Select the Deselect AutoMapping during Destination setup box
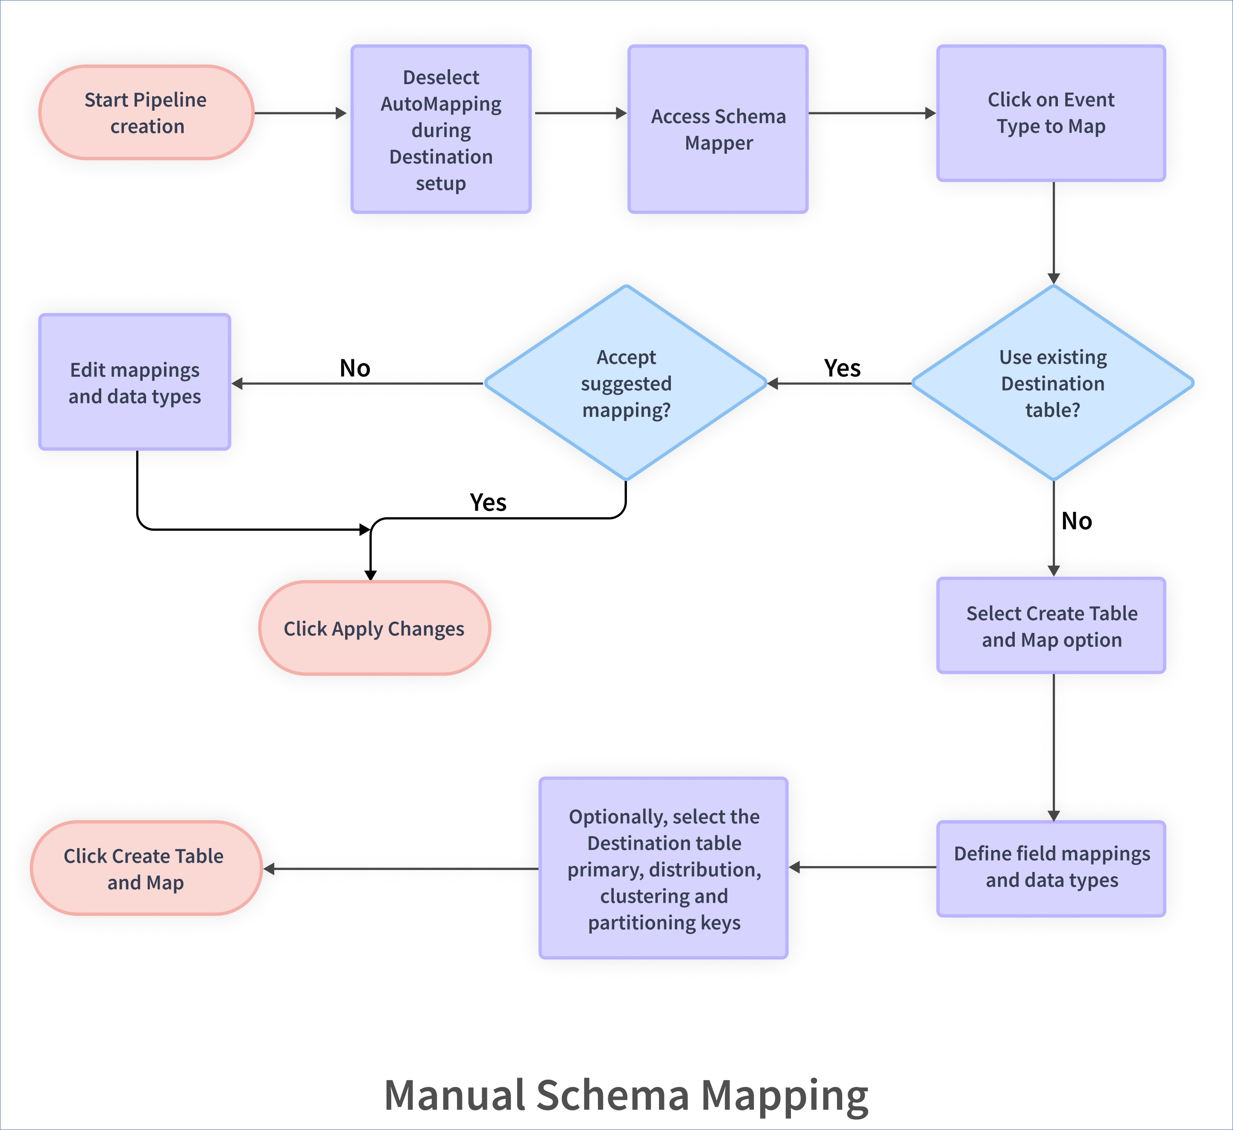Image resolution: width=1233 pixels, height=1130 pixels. (x=441, y=130)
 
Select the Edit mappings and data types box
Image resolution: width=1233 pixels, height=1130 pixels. (x=135, y=383)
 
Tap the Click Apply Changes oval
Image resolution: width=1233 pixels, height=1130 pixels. (x=374, y=628)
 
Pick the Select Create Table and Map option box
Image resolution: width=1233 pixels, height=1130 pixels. (x=1051, y=626)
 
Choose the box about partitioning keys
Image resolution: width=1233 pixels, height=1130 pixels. (x=664, y=869)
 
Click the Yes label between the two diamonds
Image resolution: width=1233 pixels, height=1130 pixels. (x=842, y=368)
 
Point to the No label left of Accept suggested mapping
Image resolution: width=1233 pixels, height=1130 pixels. (x=355, y=368)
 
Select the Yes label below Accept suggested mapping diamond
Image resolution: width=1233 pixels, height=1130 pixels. (x=488, y=503)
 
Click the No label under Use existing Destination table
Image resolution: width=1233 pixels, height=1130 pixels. (x=1076, y=521)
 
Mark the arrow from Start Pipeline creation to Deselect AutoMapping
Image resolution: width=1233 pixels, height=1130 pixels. (x=300, y=113)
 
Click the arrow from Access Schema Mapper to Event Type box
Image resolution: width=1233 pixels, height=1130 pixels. (x=872, y=113)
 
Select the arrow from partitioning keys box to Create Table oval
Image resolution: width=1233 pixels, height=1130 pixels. (x=401, y=869)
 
